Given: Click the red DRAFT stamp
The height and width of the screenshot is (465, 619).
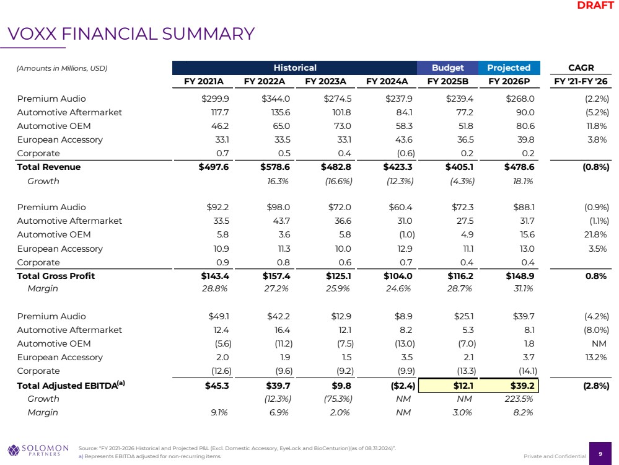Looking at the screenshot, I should tap(595, 6).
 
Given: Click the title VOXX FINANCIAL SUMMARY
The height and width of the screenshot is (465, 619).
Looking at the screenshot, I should tap(131, 33).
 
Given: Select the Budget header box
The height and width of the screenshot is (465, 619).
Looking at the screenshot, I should tap(448, 68).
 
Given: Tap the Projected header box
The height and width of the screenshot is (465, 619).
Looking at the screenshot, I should tap(509, 68).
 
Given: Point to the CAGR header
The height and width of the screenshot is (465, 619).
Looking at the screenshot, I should tap(581, 68).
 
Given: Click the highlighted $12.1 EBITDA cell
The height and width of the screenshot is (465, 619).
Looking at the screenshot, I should tap(448, 385).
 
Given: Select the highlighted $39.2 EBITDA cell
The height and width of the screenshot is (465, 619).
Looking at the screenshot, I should tap(509, 385).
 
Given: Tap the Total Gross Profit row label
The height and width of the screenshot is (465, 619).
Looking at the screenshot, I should tap(56, 276).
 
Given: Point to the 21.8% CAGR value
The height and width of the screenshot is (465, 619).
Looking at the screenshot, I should tap(594, 234).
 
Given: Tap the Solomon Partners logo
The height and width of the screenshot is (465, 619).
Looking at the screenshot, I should tap(38, 449).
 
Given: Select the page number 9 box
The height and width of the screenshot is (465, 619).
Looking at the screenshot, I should tap(600, 453).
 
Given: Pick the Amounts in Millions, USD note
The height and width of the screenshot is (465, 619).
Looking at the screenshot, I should tap(62, 68).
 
